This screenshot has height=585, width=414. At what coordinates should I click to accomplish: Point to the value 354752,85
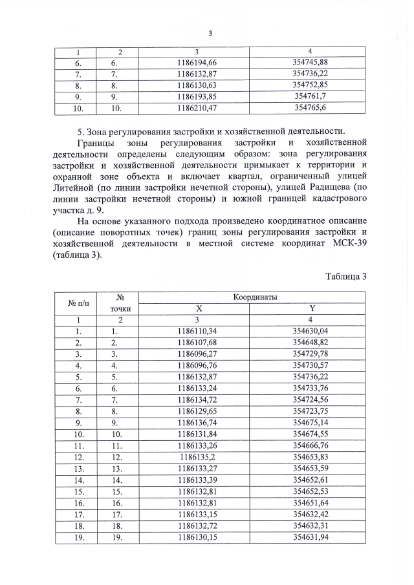point(310,85)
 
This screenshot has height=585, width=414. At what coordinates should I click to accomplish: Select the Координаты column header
point(256,297)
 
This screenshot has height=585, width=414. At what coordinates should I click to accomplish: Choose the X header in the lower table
point(199,308)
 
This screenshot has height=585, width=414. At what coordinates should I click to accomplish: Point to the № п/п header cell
point(78,303)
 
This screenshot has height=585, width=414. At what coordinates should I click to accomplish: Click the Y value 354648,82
point(310,342)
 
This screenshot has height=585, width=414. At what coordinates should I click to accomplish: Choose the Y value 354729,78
point(310,354)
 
